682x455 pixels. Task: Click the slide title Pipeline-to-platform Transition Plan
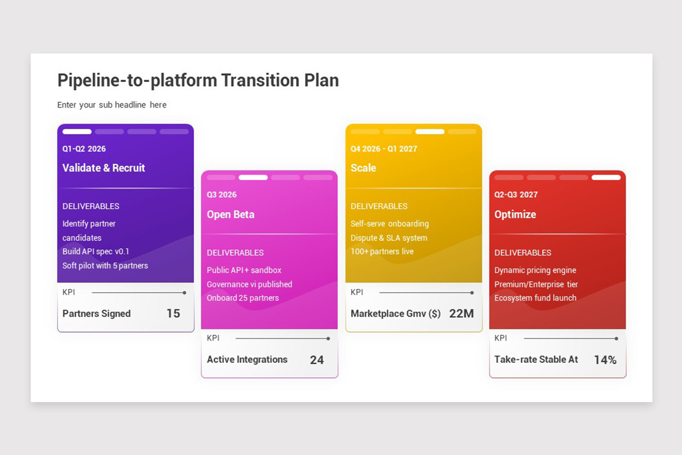pyautogui.click(x=198, y=80)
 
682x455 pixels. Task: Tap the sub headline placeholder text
pyautogui.click(x=112, y=105)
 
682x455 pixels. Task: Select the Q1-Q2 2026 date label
pyautogui.click(x=84, y=148)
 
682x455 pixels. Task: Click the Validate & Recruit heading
pyautogui.click(x=103, y=168)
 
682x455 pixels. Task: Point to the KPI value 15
pyautogui.click(x=173, y=313)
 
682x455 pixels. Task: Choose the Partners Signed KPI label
pyautogui.click(x=97, y=313)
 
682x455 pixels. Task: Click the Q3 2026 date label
pyautogui.click(x=222, y=195)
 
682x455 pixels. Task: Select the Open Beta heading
pyautogui.click(x=231, y=214)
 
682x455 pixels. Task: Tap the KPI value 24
pyautogui.click(x=317, y=360)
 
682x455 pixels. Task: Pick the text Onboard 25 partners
pyautogui.click(x=243, y=298)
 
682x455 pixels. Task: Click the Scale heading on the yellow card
pyautogui.click(x=363, y=168)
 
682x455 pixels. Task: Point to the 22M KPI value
pyautogui.click(x=461, y=313)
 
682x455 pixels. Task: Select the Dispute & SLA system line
pyautogui.click(x=389, y=238)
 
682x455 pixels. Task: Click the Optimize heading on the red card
pyautogui.click(x=515, y=214)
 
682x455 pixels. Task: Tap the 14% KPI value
pyautogui.click(x=605, y=360)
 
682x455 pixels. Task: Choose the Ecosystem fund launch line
pyautogui.click(x=535, y=298)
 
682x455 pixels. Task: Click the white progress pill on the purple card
pyautogui.click(x=77, y=131)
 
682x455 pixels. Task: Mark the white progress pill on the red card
pyautogui.click(x=606, y=177)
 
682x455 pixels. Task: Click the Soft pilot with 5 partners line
pyautogui.click(x=105, y=266)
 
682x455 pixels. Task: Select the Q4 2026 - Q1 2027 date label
pyautogui.click(x=384, y=148)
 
